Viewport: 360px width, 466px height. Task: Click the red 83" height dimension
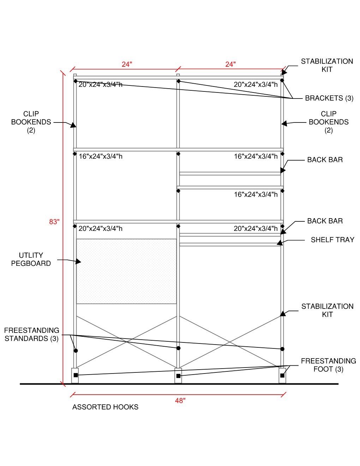54,222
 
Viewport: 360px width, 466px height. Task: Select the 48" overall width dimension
180,400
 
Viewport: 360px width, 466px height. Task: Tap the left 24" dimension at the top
127,64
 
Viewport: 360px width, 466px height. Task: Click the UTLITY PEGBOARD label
31,259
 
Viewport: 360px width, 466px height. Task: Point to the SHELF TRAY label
332,240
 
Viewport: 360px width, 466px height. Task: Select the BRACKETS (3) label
329,98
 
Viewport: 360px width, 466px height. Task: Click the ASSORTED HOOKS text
105,407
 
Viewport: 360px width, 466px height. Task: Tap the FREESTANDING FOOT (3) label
328,365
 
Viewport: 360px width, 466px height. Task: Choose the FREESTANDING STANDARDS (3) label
31,334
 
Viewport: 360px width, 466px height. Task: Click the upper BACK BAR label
325,160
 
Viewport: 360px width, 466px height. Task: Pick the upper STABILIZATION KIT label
327,65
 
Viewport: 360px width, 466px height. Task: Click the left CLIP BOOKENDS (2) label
31,122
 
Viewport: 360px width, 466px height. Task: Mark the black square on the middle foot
178,376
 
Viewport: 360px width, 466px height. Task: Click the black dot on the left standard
76,351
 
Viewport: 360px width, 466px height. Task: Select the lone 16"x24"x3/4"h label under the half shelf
256,194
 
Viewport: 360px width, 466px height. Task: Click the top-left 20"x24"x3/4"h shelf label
101,85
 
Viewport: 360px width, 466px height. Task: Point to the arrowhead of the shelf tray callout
279,243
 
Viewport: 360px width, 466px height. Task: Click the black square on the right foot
282,375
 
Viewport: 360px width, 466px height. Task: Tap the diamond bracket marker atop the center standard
179,81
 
